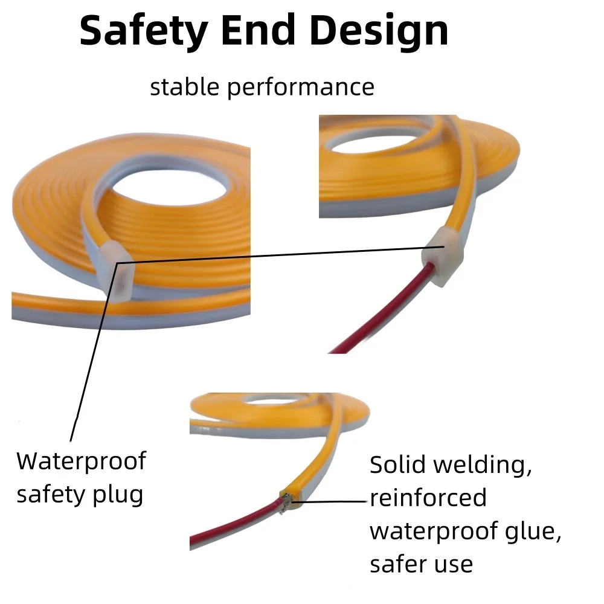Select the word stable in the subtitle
(185, 87)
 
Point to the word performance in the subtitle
(301, 88)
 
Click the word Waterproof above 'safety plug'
(81, 462)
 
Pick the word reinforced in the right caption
(428, 498)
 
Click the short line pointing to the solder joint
(333, 501)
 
